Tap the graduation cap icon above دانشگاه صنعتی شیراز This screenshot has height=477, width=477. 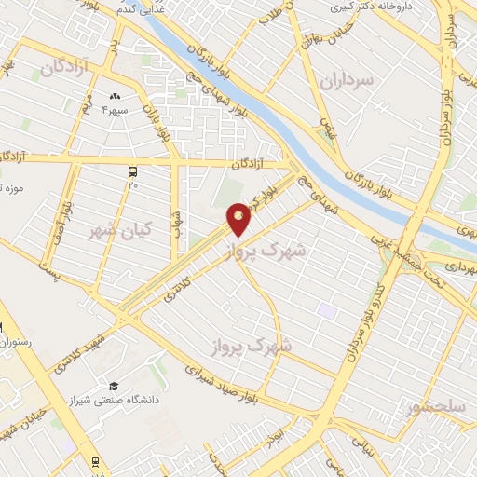click(114, 386)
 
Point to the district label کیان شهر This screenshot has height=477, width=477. click(120, 227)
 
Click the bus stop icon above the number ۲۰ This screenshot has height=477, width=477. click(132, 171)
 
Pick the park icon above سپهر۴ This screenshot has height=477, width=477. click(116, 97)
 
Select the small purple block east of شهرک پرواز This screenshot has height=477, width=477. click(326, 308)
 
